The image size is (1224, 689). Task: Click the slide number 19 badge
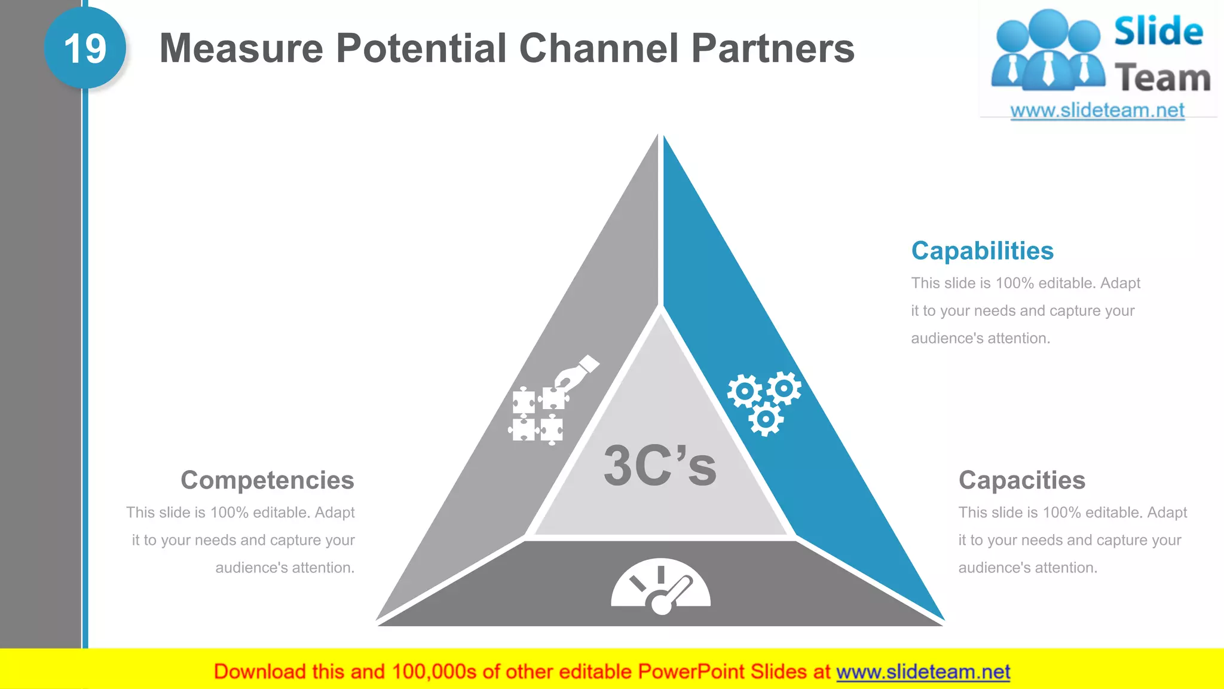pyautogui.click(x=85, y=48)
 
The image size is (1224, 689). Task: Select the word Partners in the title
pyautogui.click(x=773, y=48)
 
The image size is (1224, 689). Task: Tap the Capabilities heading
pyautogui.click(x=982, y=251)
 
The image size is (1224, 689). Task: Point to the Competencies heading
pyautogui.click(x=267, y=480)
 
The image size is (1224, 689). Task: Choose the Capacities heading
pyautogui.click(x=1021, y=480)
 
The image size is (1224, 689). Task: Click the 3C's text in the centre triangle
pyautogui.click(x=660, y=466)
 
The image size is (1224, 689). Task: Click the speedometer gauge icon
pyautogui.click(x=660, y=587)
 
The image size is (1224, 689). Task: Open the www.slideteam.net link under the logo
pyautogui.click(x=1097, y=111)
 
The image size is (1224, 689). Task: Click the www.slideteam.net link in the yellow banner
pyautogui.click(x=923, y=672)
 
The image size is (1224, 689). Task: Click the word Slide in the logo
pyautogui.click(x=1158, y=31)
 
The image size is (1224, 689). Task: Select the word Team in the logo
pyautogui.click(x=1162, y=78)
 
